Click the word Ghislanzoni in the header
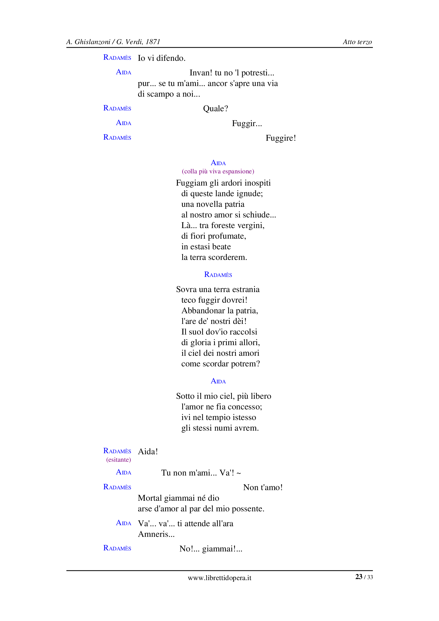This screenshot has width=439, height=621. (92, 42)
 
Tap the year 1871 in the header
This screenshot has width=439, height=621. (153, 42)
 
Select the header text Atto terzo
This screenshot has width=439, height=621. (357, 42)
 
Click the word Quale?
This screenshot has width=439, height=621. (215, 109)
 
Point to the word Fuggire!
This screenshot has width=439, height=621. (280, 138)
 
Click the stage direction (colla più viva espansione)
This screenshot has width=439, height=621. (218, 172)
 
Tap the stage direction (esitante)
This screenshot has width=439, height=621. (118, 460)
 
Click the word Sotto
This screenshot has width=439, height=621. (185, 396)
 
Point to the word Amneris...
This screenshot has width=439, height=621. (156, 534)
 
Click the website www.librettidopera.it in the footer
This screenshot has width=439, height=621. (219, 578)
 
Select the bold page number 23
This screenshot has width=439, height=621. (359, 577)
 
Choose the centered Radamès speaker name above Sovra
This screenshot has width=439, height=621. (218, 275)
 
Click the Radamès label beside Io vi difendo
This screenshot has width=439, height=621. (117, 58)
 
